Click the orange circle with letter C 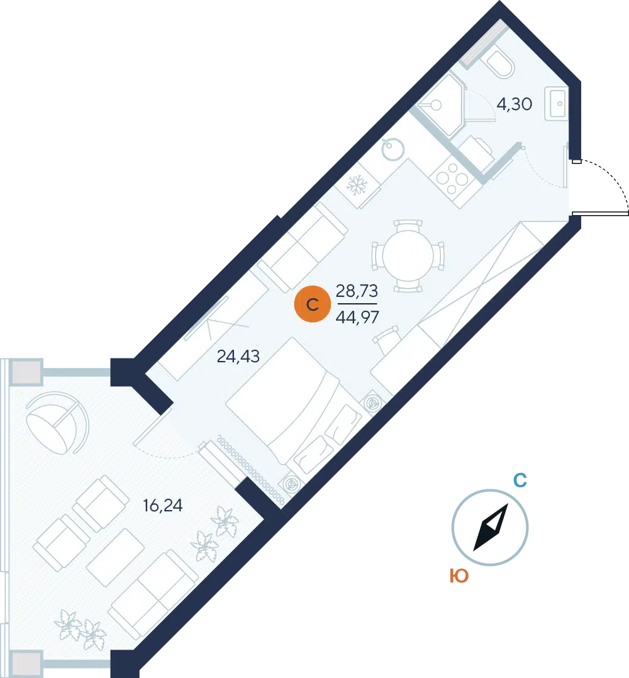tap(312, 304)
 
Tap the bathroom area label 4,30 tap(514, 104)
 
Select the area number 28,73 tap(357, 291)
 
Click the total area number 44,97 tap(357, 318)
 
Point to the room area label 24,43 tap(238, 356)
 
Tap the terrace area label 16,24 tap(162, 505)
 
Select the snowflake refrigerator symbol tap(357, 185)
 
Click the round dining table tap(408, 256)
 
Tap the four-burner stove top tap(452, 178)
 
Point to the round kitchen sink tap(393, 149)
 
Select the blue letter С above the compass tap(520, 481)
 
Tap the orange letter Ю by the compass tap(459, 576)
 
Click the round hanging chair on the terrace tap(57, 423)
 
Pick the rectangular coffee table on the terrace tap(116, 557)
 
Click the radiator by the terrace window tap(251, 470)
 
